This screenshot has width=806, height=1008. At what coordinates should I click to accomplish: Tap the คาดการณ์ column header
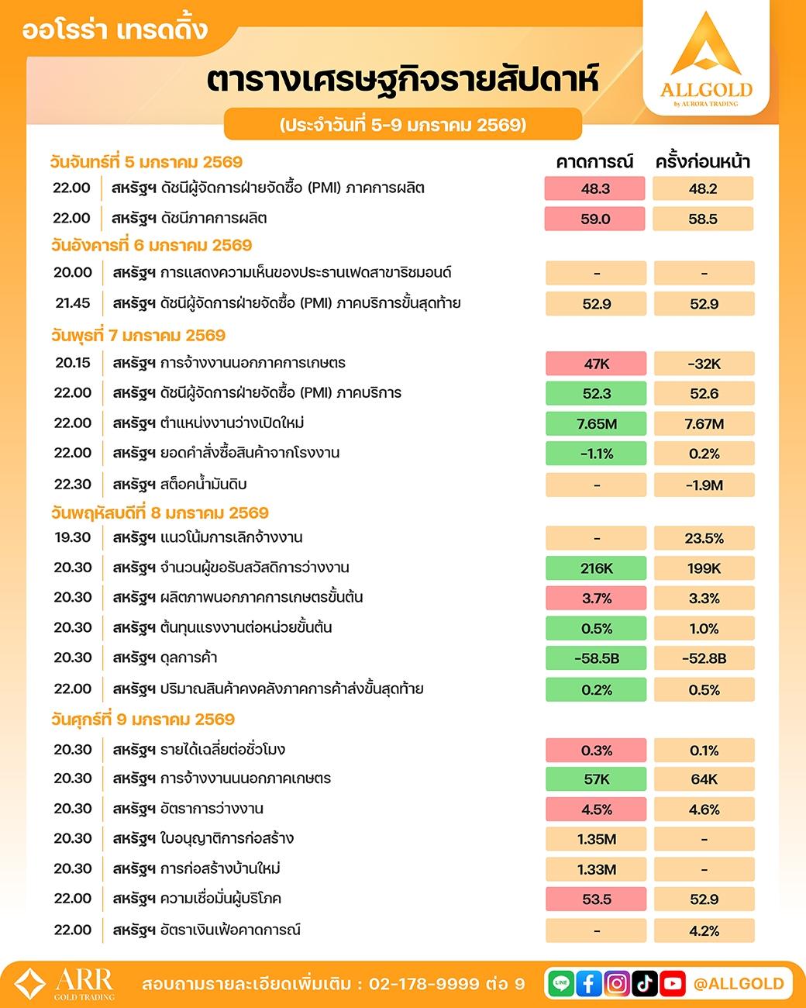(594, 162)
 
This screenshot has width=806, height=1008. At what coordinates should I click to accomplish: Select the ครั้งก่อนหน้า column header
(703, 162)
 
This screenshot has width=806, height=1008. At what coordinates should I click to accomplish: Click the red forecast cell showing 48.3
(595, 188)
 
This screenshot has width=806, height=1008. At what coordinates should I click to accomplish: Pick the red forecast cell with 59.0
(595, 219)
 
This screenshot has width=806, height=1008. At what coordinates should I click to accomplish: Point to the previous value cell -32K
(704, 364)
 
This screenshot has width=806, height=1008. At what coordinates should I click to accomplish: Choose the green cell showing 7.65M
(596, 423)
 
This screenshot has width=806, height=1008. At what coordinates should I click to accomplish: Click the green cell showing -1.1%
(596, 454)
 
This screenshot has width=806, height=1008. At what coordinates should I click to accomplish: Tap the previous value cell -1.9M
(704, 485)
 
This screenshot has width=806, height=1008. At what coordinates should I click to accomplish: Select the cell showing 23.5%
(704, 538)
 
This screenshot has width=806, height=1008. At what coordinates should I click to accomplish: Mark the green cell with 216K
(596, 568)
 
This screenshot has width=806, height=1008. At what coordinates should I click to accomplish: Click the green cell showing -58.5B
(596, 658)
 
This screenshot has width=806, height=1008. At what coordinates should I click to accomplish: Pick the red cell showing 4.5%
(596, 810)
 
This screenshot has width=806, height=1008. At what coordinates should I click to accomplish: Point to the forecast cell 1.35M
(596, 839)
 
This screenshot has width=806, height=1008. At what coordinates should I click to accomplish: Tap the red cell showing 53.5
(596, 899)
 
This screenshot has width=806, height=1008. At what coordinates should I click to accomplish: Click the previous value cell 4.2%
(704, 930)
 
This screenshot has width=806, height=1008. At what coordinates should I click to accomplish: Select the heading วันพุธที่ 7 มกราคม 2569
(138, 336)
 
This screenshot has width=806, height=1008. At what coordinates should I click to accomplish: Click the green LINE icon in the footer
(561, 983)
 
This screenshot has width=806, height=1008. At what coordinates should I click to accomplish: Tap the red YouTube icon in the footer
(673, 983)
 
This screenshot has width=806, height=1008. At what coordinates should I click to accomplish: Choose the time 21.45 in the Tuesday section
(73, 303)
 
